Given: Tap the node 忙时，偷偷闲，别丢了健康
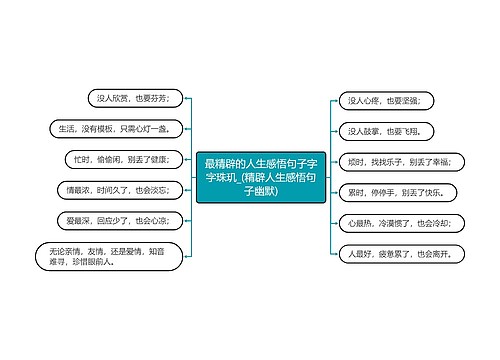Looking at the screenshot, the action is (122, 159).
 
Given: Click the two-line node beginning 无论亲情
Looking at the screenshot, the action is (108, 256).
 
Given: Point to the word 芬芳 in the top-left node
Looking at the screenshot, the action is (167, 97).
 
